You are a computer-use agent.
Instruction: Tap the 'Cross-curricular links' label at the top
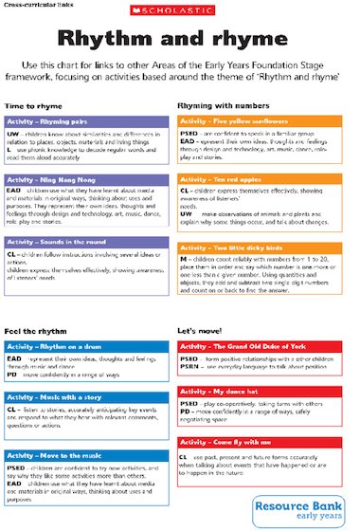click(28, 5)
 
